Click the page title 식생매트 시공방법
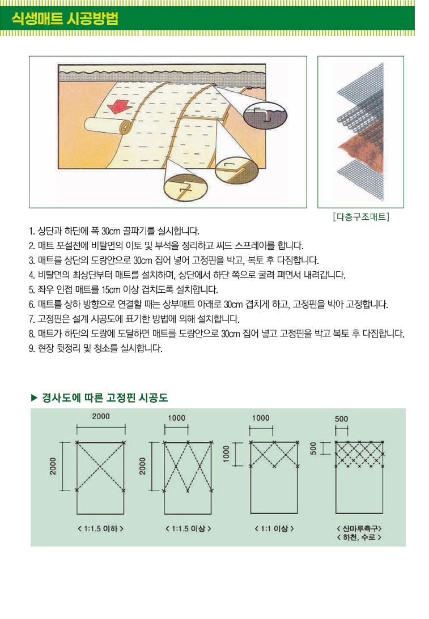[x=65, y=18]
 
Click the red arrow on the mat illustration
[x=120, y=106]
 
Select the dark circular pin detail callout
[x=265, y=116]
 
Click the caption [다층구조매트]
[x=361, y=217]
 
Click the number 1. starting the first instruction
[x=32, y=231]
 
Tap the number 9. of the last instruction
[x=32, y=349]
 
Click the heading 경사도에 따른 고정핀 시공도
[x=105, y=398]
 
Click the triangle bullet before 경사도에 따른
[x=34, y=398]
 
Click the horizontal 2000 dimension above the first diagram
[x=101, y=416]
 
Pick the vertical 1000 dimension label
[x=226, y=454]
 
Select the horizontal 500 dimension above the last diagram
[x=341, y=419]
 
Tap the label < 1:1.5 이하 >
[x=100, y=528]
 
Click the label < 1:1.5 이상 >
[x=188, y=528]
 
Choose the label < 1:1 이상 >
[x=274, y=528]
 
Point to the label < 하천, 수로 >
[x=359, y=537]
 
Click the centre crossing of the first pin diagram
[x=100, y=466]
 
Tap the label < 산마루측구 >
[x=359, y=528]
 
